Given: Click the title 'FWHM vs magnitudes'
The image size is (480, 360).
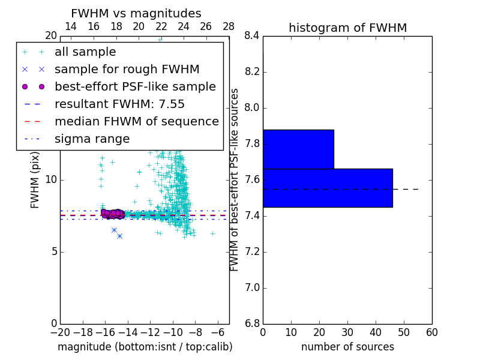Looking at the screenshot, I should (x=136, y=14).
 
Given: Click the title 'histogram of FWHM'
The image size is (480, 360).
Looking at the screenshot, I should (x=347, y=28).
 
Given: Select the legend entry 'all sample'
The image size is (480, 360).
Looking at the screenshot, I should (x=85, y=52).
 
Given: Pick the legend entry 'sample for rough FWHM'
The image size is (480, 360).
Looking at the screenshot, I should (x=127, y=69).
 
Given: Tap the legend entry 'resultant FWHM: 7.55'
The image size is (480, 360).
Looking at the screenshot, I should (x=119, y=104).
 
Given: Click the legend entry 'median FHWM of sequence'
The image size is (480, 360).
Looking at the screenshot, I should (x=136, y=121).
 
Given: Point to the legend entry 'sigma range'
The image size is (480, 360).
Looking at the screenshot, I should (x=92, y=139).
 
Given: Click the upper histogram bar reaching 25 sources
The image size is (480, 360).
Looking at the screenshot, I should (x=298, y=149).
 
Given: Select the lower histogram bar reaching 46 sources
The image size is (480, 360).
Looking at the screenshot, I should (x=328, y=188).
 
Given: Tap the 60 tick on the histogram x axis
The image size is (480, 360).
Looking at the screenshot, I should (x=432, y=332).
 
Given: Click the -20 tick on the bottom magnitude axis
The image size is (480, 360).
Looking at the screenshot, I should (x=60, y=332).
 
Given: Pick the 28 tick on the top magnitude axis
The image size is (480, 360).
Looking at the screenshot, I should (x=229, y=26).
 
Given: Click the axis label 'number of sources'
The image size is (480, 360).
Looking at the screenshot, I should (x=347, y=347).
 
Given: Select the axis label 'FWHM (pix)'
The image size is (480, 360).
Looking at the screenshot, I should (x=35, y=179).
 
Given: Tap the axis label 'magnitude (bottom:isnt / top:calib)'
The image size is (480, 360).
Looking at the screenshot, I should (x=145, y=347).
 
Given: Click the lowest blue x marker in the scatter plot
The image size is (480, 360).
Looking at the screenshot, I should (x=119, y=236).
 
